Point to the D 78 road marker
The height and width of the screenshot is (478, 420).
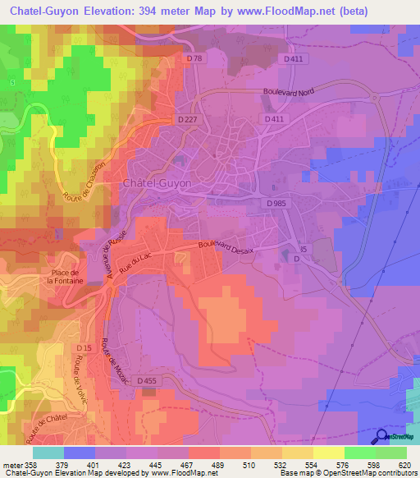tap(194, 58)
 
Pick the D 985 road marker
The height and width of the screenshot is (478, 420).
tap(276, 202)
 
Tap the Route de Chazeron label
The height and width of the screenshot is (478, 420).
tap(83, 187)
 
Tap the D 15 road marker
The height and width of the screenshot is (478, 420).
tap(84, 349)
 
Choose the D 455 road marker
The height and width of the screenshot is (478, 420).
tap(147, 380)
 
